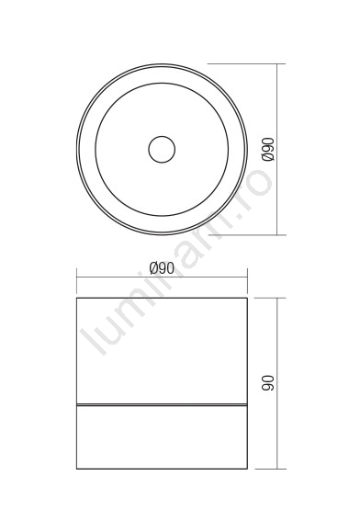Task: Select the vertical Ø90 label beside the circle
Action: point(268,149)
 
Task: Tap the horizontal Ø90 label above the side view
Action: point(162,268)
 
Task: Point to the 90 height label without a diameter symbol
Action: point(268,383)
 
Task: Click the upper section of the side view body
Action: point(162,351)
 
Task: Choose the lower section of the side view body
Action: point(162,437)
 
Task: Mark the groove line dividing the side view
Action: point(162,405)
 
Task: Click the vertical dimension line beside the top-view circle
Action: point(277,149)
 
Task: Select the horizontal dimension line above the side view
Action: point(162,277)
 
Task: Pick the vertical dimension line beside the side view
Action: point(277,383)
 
